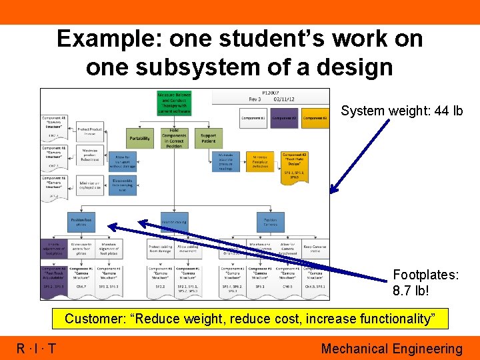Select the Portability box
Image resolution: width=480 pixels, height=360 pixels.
(x=140, y=139)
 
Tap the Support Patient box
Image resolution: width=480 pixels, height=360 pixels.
(x=208, y=139)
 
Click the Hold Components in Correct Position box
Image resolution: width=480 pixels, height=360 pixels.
(x=174, y=139)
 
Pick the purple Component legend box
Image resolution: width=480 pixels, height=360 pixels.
(x=285, y=119)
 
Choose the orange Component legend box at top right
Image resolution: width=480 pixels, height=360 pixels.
(x=315, y=119)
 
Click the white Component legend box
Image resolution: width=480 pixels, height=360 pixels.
(x=253, y=119)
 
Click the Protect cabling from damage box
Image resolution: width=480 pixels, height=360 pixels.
(x=160, y=249)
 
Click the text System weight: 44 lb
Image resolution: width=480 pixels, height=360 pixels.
(x=401, y=111)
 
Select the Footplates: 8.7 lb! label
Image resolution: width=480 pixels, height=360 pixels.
(x=425, y=283)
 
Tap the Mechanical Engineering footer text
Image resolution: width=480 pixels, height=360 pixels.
(x=391, y=349)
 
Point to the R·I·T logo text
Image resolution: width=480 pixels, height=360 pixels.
(x=37, y=349)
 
